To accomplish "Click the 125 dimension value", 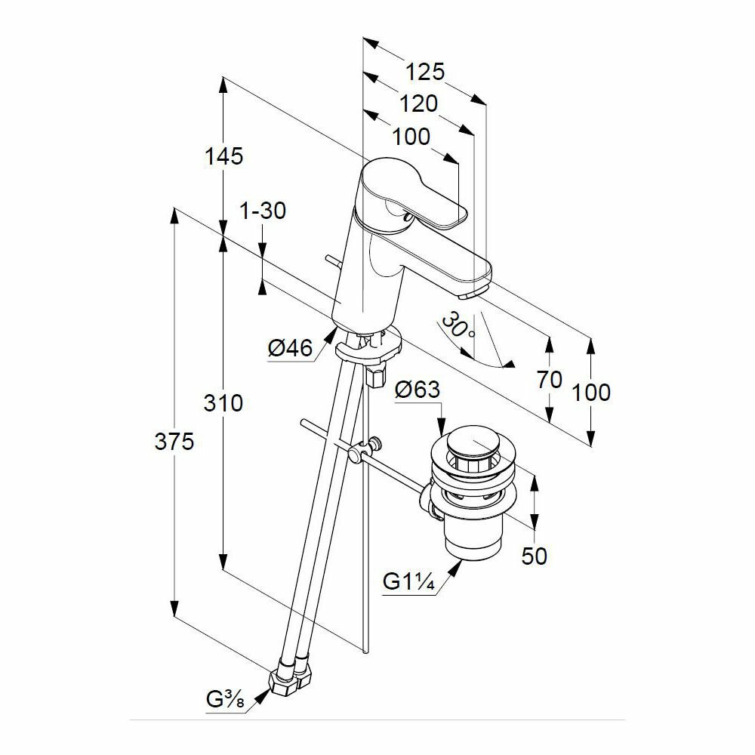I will pos(425,72).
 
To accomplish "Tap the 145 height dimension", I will pos(223,156).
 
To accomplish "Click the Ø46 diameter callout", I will pos(290,349).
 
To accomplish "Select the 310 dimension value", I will pos(223,403).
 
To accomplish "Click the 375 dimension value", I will pos(174,442).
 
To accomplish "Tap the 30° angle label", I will pos(458,326).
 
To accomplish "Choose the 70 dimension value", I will pos(550,379).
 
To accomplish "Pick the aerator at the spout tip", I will pos(472,293).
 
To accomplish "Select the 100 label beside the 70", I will pos(591,392).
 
